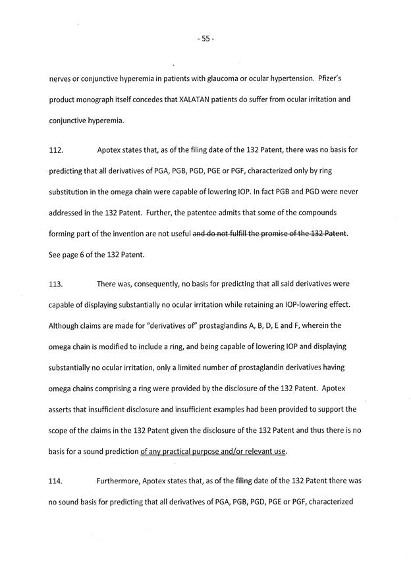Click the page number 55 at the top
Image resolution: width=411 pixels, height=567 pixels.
tap(205, 39)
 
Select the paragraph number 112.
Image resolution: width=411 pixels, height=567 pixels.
tap(57, 150)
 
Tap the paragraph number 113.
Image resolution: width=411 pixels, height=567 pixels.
tap(57, 284)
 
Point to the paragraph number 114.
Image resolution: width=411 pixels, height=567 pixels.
tap(57, 481)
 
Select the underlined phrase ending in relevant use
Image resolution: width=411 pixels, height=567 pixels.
tap(214, 451)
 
